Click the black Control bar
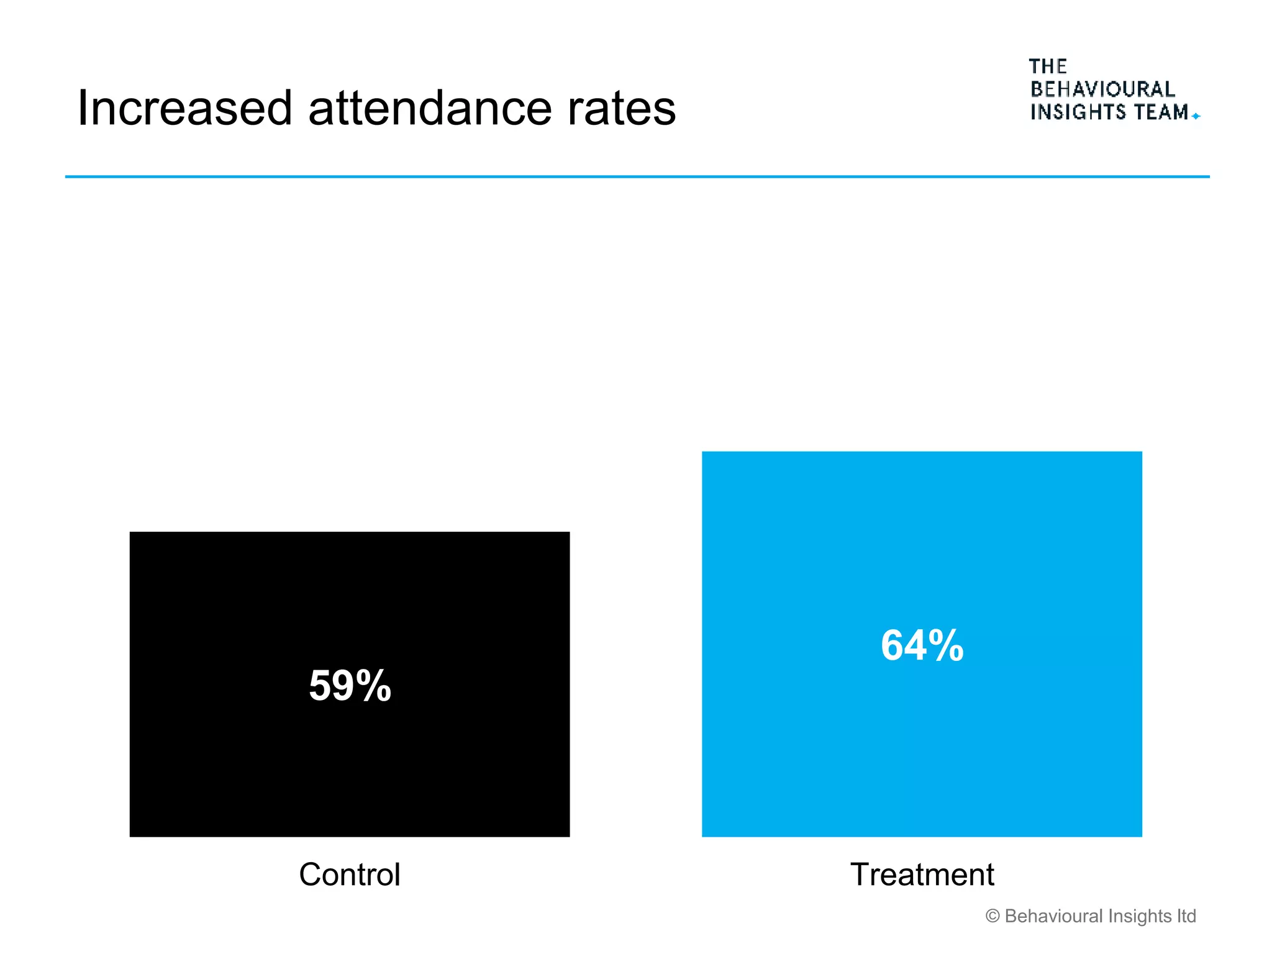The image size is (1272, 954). (350, 764)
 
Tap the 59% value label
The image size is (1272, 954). (350, 686)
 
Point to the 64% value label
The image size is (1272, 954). (922, 645)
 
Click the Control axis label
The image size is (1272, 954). (350, 874)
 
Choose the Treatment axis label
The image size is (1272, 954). (922, 874)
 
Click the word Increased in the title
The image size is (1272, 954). (184, 109)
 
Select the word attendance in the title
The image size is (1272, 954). (430, 109)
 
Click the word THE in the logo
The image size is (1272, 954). (1048, 66)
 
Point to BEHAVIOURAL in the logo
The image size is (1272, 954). (1102, 89)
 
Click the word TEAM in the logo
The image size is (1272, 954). (1161, 112)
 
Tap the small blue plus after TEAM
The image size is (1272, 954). (1196, 116)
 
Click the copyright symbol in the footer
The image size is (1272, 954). (993, 916)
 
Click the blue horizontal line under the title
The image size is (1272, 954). (637, 177)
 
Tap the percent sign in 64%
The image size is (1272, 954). (946, 646)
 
